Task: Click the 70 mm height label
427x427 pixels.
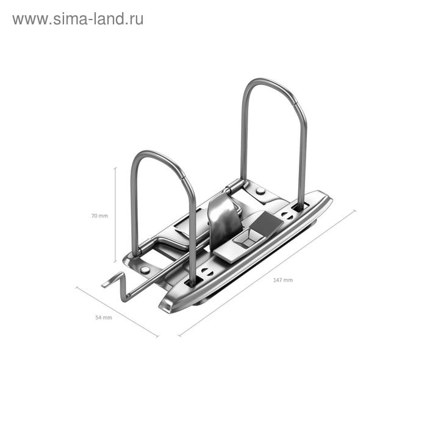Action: [99, 216]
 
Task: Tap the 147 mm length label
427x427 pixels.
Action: [282, 280]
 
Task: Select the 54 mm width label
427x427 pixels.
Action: [104, 318]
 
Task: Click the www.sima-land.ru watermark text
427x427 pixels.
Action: [77, 19]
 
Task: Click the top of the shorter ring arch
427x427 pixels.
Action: [160, 153]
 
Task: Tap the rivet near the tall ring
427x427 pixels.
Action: [260, 192]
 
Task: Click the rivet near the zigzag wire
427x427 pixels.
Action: [145, 269]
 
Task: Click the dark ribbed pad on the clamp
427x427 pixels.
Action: [264, 223]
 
